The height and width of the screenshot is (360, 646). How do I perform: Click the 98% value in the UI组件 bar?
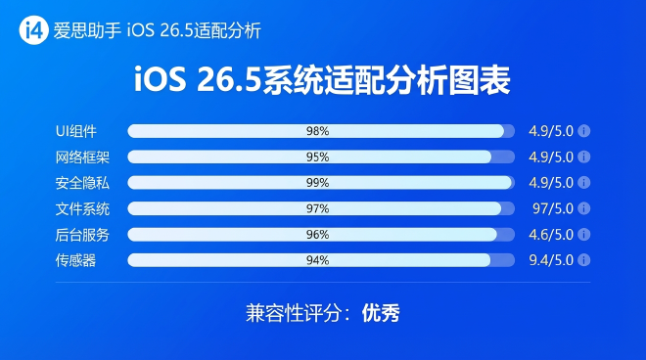point(316,131)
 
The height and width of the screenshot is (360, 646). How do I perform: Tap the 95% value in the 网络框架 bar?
point(316,157)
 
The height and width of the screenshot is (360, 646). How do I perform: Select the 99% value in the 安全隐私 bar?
point(316,182)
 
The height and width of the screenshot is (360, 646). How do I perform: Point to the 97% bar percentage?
point(316,208)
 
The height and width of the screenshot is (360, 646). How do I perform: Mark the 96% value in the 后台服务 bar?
point(316,234)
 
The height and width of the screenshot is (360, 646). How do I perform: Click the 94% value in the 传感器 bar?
point(316,259)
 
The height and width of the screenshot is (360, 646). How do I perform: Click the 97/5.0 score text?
point(550,208)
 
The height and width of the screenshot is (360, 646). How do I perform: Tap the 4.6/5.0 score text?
point(550,234)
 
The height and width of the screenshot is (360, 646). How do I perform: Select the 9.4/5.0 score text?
point(550,259)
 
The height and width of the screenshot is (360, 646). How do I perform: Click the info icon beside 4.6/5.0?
point(584,234)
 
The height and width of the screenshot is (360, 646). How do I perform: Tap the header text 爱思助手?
point(83,31)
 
